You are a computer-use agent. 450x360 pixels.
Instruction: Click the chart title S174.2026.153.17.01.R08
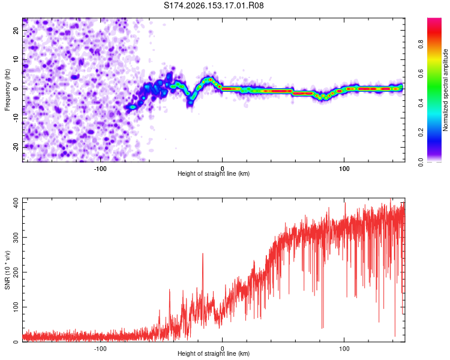(214, 5)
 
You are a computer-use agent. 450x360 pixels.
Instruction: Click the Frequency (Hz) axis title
(7, 90)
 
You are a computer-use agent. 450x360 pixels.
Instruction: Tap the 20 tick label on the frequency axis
(16, 30)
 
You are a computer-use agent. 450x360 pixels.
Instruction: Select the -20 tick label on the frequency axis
(16, 148)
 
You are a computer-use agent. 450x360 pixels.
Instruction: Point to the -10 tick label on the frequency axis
(16, 118)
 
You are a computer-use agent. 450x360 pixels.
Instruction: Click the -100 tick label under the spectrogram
(100, 169)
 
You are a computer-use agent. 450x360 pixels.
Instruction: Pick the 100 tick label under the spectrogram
(344, 169)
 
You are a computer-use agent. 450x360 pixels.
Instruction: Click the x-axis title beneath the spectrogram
(214, 173)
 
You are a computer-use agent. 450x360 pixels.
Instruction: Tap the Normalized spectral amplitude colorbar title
(445, 90)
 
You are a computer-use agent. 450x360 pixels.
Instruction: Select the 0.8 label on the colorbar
(421, 44)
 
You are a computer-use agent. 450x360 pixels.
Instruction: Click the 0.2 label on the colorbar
(421, 133)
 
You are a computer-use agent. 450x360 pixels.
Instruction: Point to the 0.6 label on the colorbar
(421, 74)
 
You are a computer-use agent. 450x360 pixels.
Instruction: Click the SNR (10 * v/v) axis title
(7, 270)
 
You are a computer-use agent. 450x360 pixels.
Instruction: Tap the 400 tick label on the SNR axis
(16, 203)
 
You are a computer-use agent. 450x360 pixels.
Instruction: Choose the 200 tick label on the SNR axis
(16, 272)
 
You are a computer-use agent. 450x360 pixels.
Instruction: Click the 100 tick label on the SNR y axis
(16, 307)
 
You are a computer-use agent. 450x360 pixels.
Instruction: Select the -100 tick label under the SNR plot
(100, 349)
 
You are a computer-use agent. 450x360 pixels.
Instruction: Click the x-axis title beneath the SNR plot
(214, 353)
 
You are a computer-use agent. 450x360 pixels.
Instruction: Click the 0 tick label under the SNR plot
(222, 349)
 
